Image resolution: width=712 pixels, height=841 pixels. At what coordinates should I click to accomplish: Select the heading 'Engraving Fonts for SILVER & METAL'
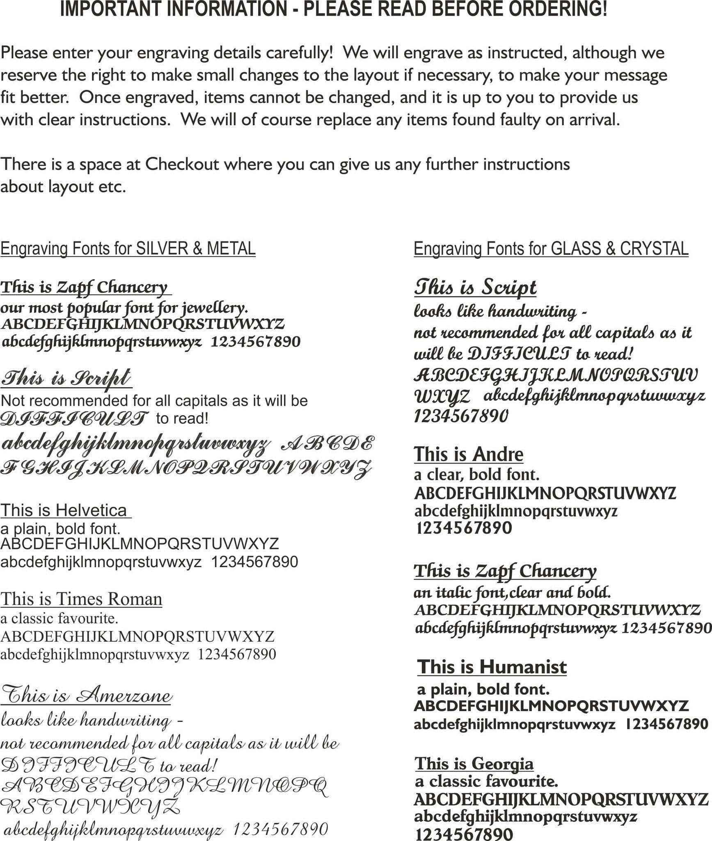pyautogui.click(x=128, y=249)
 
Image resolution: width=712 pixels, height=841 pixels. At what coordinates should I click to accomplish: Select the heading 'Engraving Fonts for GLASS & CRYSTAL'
pyautogui.click(x=551, y=249)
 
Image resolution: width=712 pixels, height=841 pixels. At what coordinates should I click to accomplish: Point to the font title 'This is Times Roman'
pyautogui.click(x=81, y=599)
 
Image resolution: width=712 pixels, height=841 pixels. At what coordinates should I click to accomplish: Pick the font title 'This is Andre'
pyautogui.click(x=468, y=454)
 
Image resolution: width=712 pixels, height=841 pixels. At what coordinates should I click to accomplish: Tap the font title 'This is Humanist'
pyautogui.click(x=492, y=667)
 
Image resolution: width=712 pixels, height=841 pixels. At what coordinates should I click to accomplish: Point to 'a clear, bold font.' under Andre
pyautogui.click(x=476, y=475)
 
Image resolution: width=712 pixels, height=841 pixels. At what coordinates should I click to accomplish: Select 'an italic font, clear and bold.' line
pyautogui.click(x=512, y=592)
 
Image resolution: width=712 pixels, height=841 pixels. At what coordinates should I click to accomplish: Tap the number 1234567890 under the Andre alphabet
pyautogui.click(x=464, y=528)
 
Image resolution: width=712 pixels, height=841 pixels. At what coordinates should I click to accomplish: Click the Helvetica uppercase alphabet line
pyautogui.click(x=140, y=544)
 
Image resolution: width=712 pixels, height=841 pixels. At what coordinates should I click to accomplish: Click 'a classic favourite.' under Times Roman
pyautogui.click(x=59, y=618)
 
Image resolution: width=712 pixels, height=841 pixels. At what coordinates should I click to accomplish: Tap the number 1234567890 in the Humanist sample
pyautogui.click(x=666, y=724)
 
